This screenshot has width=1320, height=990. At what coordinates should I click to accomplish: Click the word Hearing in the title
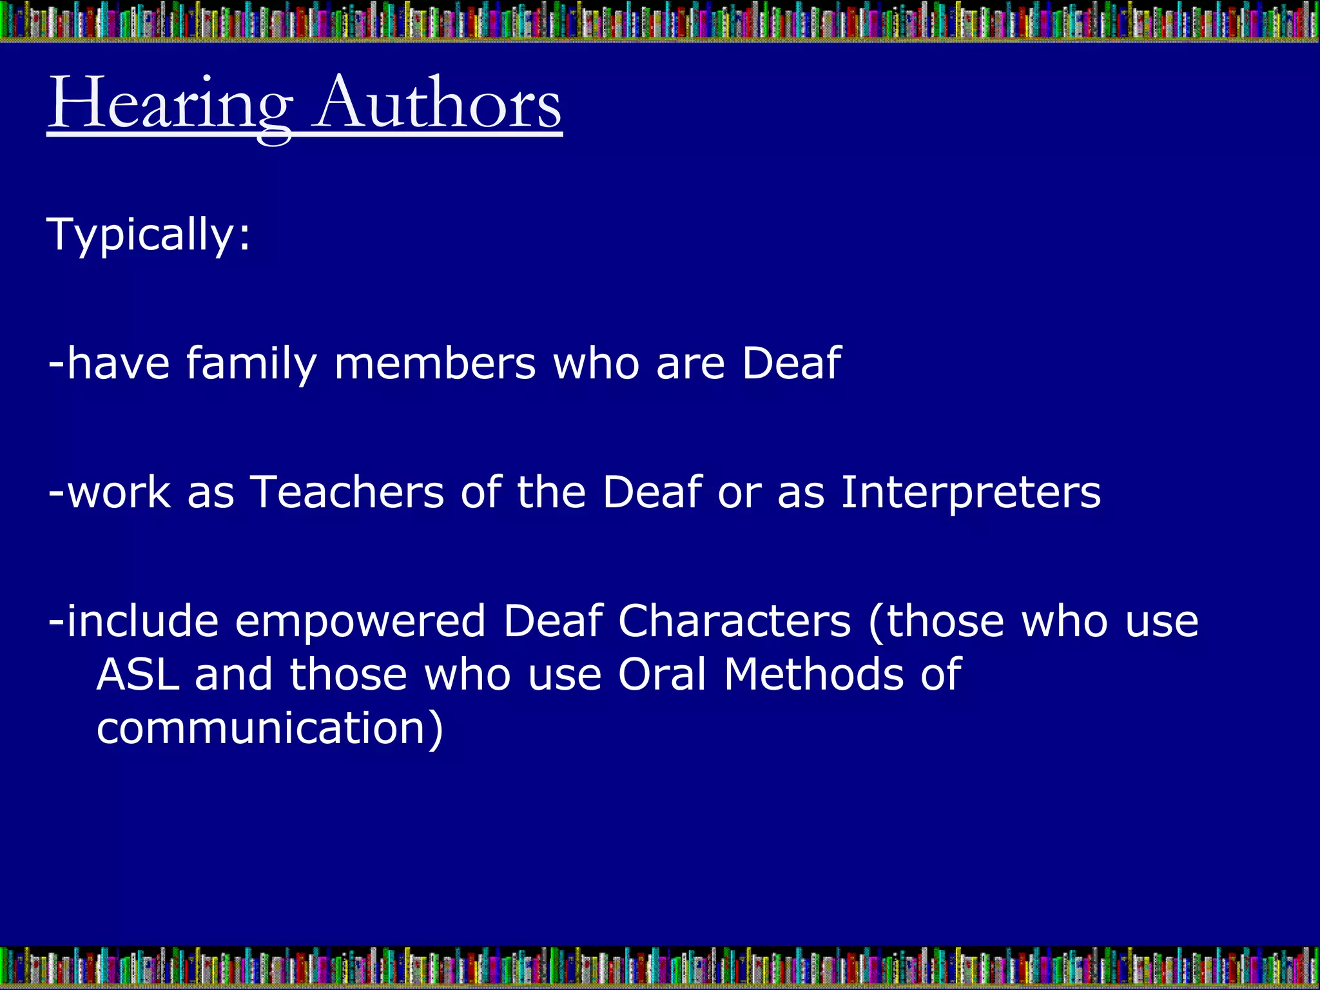[170, 103]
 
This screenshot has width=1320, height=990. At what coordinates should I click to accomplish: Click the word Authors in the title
[438, 103]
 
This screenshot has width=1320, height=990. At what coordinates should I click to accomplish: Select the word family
[251, 364]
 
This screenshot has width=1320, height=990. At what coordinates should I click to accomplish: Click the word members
[435, 364]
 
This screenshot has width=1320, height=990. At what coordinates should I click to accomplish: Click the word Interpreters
[971, 494]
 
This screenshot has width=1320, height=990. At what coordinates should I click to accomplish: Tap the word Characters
[735, 621]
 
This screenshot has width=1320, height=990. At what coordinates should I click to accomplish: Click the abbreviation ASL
[138, 675]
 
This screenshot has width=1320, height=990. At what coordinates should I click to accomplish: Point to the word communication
[261, 728]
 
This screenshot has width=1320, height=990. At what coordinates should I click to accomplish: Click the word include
[142, 621]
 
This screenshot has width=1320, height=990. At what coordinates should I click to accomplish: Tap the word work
[119, 492]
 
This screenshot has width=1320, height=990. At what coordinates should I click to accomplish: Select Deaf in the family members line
[791, 364]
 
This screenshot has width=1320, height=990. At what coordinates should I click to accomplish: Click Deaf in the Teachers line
[652, 492]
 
